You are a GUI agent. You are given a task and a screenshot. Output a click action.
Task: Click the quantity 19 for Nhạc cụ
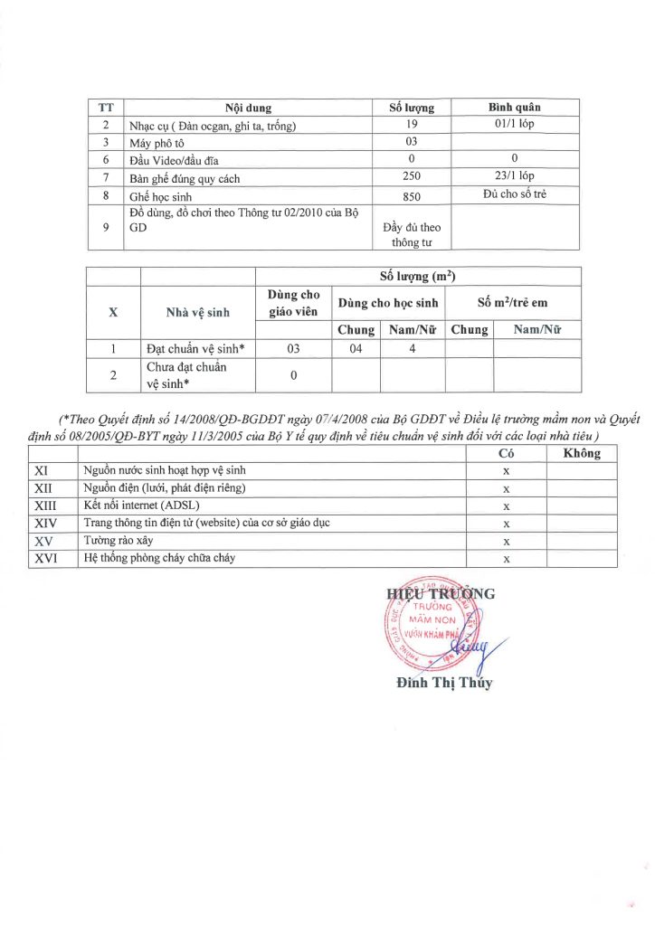point(412,125)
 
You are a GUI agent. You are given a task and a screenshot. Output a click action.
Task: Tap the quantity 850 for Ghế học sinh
point(412,195)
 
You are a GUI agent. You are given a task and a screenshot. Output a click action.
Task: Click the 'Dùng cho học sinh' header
point(387,303)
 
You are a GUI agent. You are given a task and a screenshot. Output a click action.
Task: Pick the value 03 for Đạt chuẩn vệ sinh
point(293,347)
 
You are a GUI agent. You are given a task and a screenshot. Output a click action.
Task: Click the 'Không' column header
point(582,454)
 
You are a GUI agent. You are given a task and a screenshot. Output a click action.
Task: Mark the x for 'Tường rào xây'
point(507,541)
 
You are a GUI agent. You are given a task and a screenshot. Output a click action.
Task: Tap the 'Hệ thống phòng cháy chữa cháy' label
point(159,558)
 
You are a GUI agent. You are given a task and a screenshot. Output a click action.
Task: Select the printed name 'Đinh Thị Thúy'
point(444,683)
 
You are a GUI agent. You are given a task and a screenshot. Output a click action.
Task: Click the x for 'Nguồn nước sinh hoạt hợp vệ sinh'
point(507,470)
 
